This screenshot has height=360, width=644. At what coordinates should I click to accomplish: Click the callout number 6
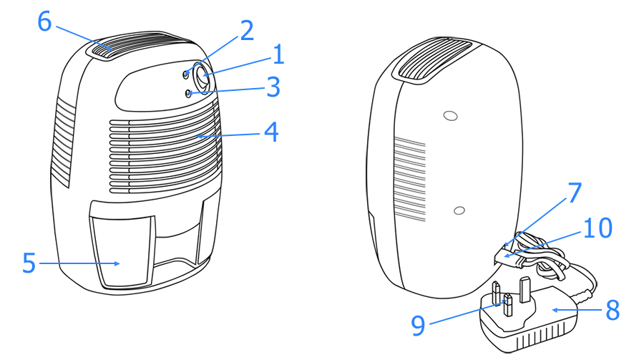coord(45,21)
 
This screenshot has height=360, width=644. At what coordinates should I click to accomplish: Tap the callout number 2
coord(246,30)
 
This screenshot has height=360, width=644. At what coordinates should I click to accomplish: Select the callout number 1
coord(279,54)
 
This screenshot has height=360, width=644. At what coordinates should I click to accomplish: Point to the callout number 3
coord(273,87)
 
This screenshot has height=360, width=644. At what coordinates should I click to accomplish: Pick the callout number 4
coord(271,132)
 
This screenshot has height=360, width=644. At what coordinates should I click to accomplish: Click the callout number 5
coord(29,263)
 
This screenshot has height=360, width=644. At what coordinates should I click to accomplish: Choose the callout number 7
coord(575,192)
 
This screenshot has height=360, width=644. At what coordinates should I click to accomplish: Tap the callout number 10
coord(597,228)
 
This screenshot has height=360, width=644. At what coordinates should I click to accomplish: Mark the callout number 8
coord(613,311)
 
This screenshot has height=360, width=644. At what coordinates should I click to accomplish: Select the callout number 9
coord(418,326)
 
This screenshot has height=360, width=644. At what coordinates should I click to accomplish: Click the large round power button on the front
coord(203,77)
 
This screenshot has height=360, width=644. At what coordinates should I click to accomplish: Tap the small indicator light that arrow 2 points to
coord(187,74)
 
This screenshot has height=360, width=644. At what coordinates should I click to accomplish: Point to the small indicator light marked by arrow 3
coord(188,94)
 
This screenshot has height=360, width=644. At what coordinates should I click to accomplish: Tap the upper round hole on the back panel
coord(451,116)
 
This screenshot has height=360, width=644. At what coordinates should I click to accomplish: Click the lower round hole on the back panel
coord(459,211)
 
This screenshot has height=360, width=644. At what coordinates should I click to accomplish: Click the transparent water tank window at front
coord(123,250)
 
